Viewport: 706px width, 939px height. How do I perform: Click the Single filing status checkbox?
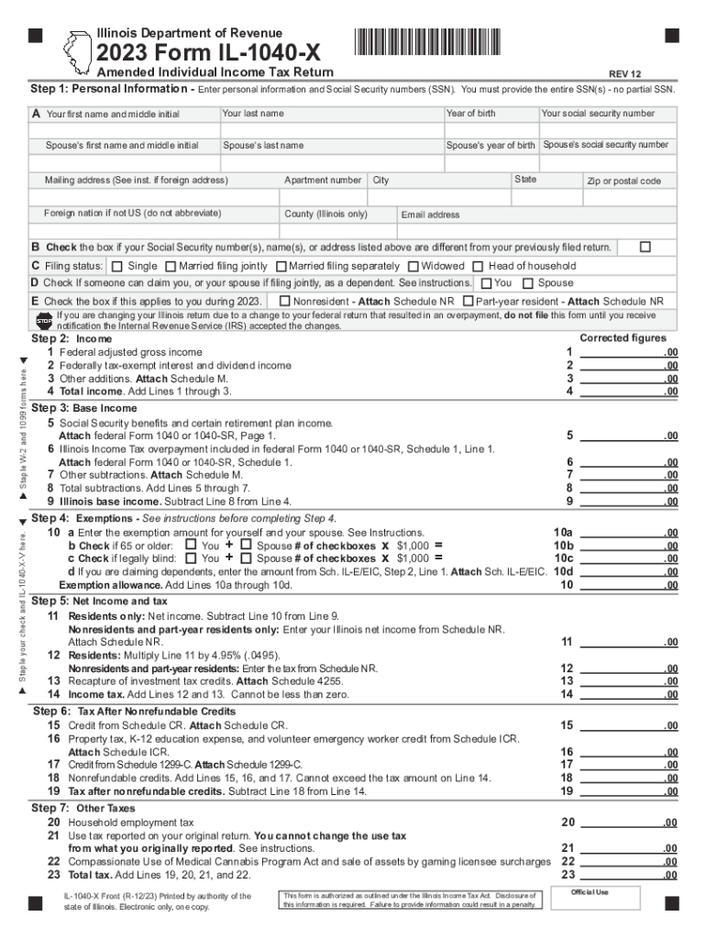(x=116, y=266)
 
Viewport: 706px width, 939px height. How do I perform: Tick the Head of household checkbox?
(x=479, y=266)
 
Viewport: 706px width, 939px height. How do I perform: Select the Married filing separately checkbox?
(x=280, y=266)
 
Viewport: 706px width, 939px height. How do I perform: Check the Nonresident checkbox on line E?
(x=284, y=301)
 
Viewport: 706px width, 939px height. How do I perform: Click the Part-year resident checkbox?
(x=469, y=301)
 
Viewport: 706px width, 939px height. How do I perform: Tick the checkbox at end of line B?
(x=645, y=248)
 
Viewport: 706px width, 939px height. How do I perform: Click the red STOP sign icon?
(x=44, y=320)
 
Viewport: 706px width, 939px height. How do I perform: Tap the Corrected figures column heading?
(x=623, y=337)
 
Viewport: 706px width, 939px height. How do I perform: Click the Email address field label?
(x=430, y=215)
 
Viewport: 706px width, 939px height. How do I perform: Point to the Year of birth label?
(x=470, y=114)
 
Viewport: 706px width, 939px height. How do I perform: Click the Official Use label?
(x=590, y=892)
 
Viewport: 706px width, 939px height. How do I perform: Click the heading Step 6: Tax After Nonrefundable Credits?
(x=134, y=711)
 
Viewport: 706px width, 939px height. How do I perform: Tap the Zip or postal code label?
(x=623, y=181)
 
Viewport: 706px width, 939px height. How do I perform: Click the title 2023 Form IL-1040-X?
(x=213, y=46)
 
